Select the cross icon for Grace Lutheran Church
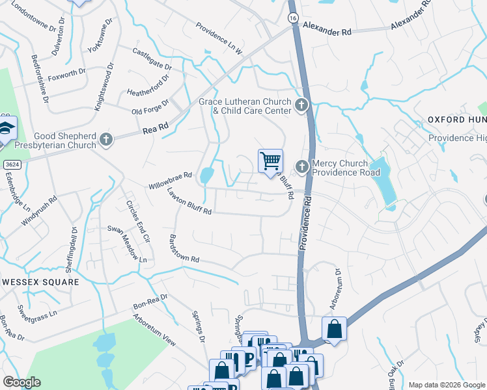(301, 105)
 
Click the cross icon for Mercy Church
(301, 167)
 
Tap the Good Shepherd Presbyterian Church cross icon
(106, 139)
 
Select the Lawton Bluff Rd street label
(189, 201)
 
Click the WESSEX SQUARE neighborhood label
(40, 282)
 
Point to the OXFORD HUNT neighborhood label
(456, 120)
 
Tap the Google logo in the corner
(21, 382)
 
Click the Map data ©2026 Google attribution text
(446, 385)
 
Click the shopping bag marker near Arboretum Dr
(334, 329)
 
